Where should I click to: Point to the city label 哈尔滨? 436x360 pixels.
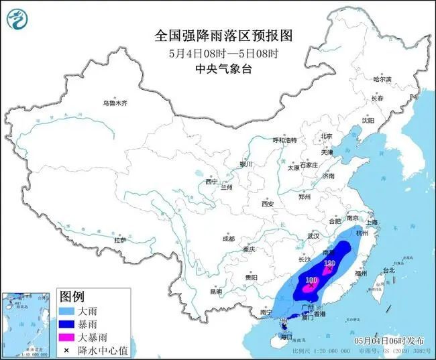point(382,79)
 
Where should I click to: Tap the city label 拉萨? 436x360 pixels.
point(120,240)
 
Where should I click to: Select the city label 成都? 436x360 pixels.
point(228,239)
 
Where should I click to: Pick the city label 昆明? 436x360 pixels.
point(215,292)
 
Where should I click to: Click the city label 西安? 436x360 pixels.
point(268,203)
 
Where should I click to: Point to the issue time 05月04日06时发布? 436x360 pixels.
point(390,341)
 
